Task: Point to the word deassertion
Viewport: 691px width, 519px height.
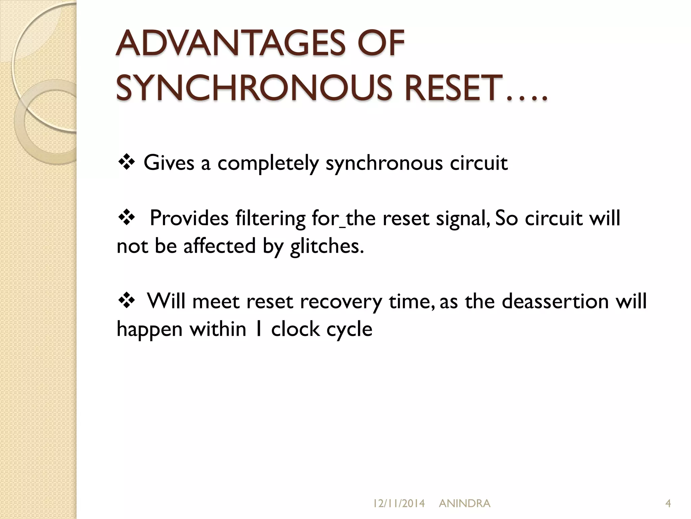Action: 555,301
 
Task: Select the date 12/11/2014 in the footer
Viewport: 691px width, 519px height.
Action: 399,503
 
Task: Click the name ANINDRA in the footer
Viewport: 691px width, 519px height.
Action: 464,503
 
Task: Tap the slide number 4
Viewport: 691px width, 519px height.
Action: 668,503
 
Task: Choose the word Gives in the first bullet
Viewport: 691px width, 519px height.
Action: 169,163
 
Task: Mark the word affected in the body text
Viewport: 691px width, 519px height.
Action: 219,246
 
